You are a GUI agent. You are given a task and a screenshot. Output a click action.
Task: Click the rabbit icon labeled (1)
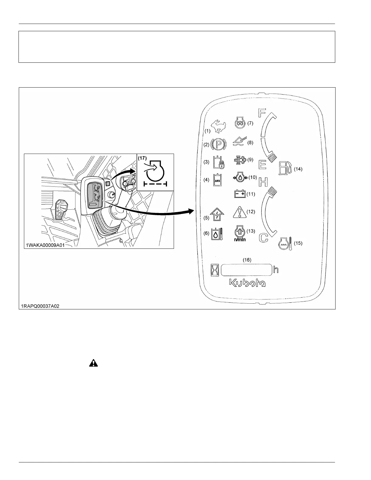[x=218, y=126]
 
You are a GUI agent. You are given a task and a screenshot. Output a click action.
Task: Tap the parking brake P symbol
[x=217, y=144]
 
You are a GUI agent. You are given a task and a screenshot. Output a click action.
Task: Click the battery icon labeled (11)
[x=240, y=194]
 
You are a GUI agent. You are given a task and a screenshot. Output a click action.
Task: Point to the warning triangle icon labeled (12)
[x=240, y=212]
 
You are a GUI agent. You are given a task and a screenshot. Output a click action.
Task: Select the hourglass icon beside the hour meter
[x=215, y=270]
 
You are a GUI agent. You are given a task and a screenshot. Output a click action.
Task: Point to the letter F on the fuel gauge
[x=261, y=113]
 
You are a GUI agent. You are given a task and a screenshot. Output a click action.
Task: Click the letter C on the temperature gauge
[x=264, y=238]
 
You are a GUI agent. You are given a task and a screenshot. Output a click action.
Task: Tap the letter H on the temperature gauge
[x=263, y=182]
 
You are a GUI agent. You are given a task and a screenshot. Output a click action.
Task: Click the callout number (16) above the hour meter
[x=247, y=260]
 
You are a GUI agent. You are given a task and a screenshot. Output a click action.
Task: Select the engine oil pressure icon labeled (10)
[x=240, y=177]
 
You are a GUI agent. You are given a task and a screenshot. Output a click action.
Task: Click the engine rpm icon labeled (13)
[x=240, y=233]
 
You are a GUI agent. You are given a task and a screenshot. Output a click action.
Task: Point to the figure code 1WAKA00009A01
[x=45, y=245]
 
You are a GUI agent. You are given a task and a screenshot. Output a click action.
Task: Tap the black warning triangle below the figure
[x=94, y=363]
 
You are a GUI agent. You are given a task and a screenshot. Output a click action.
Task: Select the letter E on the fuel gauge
[x=262, y=165]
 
